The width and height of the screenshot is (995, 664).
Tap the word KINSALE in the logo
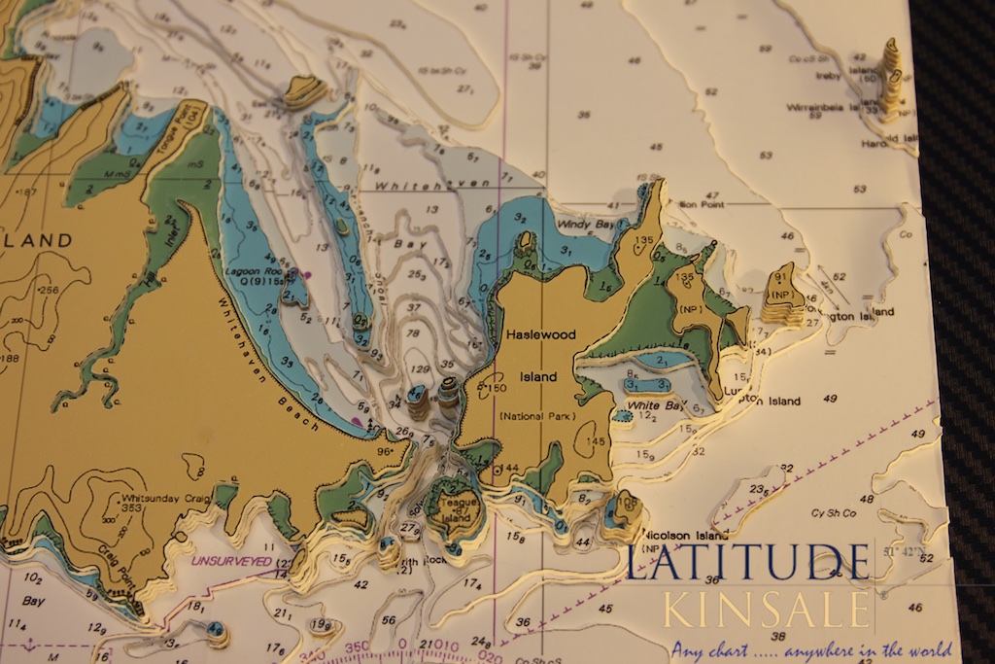point(767,609)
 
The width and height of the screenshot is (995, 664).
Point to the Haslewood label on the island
point(540,333)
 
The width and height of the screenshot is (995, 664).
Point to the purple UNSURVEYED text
point(233,561)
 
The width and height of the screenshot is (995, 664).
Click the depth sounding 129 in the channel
point(421,369)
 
